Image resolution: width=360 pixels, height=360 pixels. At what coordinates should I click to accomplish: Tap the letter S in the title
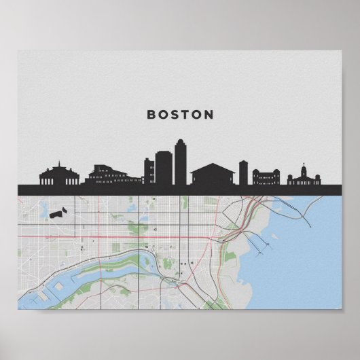177,115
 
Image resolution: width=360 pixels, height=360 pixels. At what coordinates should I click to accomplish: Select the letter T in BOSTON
190,115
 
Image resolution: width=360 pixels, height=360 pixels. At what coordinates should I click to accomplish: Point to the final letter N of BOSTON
209,115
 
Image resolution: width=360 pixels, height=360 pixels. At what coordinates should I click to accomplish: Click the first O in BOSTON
164,115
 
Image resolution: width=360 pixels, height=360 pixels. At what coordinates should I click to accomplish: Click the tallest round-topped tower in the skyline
180,163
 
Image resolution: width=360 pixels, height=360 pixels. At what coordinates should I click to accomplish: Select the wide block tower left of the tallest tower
164,168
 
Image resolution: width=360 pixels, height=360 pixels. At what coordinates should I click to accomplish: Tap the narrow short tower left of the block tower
149,171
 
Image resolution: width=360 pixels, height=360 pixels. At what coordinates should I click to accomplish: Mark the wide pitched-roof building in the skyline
212,174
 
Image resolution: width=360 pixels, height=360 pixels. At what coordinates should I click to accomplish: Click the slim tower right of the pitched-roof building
243,173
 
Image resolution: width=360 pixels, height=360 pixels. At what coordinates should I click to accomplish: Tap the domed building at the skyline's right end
303,178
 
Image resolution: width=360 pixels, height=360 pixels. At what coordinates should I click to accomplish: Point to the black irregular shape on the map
59,213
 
